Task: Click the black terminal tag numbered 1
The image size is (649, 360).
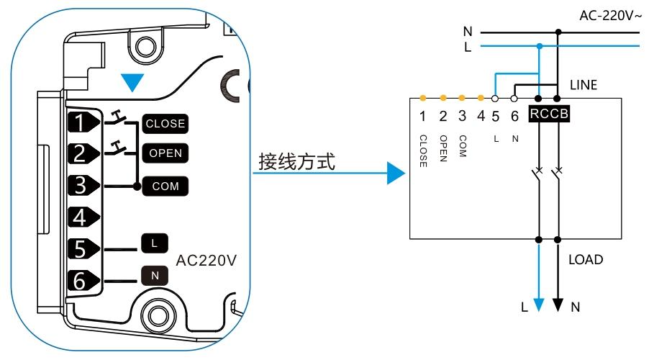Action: click(81, 122)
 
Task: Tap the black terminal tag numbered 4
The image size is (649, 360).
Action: click(81, 216)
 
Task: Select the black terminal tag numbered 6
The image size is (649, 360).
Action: click(81, 279)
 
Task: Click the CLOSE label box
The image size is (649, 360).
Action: click(165, 123)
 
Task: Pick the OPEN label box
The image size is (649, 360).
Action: click(165, 153)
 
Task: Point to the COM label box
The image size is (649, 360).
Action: click(165, 186)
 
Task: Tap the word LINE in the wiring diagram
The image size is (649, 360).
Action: click(584, 86)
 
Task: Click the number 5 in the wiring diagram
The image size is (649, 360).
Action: click(496, 115)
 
